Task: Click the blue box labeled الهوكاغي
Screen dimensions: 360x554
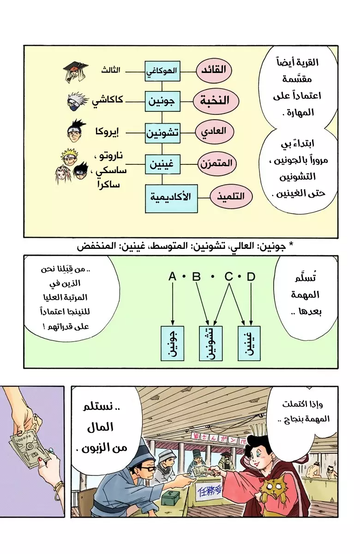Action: pyautogui.click(x=162, y=71)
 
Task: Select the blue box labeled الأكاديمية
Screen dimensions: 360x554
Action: pyautogui.click(x=171, y=199)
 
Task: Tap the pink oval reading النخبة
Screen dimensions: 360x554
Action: pyautogui.click(x=216, y=101)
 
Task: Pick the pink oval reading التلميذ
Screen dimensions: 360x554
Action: pyautogui.click(x=231, y=197)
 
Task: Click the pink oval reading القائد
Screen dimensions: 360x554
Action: pyautogui.click(x=214, y=70)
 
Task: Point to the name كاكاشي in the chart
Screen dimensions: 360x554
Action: pyautogui.click(x=108, y=101)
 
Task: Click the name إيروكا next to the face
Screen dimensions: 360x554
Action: pyautogui.click(x=107, y=132)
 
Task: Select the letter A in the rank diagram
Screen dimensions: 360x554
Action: pyautogui.click(x=172, y=277)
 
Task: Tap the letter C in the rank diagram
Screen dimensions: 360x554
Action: pyautogui.click(x=229, y=277)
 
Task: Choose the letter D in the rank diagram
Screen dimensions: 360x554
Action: pyautogui.click(x=251, y=277)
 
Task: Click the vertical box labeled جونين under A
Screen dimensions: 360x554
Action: pyautogui.click(x=172, y=343)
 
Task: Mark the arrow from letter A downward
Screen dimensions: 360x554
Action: pyautogui.click(x=173, y=304)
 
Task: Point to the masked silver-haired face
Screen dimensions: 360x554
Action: pyautogui.click(x=77, y=102)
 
